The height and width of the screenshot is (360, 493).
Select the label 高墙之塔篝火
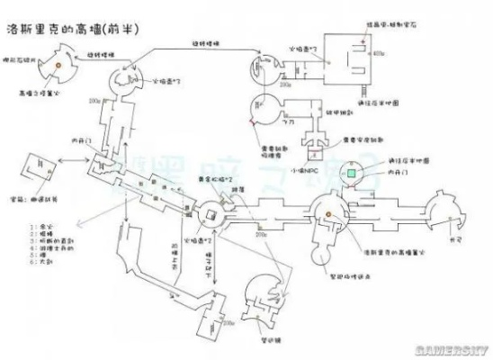(39, 91)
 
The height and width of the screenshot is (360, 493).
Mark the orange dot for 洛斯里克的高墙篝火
(328, 214)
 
